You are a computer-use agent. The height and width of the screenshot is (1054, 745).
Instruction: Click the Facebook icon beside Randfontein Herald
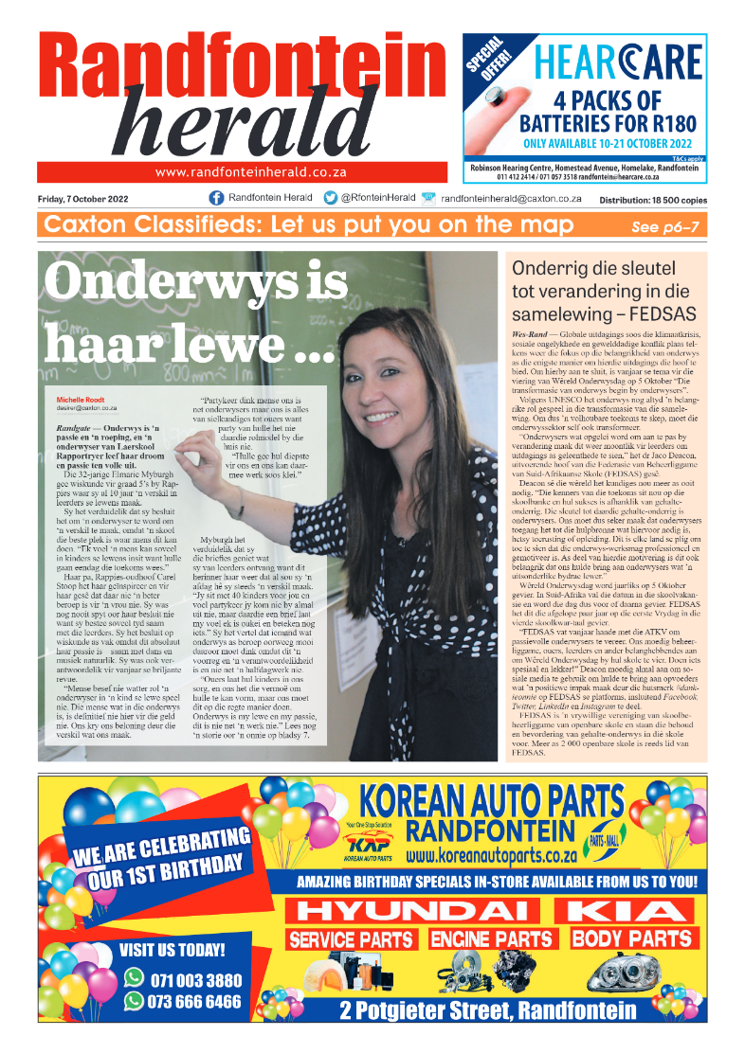click(x=216, y=198)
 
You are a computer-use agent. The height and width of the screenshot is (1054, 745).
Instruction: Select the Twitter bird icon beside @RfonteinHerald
click(x=330, y=198)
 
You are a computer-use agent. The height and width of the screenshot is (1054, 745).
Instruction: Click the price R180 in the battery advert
click(x=675, y=123)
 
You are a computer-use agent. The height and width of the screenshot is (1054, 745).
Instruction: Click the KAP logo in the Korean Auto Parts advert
click(x=368, y=842)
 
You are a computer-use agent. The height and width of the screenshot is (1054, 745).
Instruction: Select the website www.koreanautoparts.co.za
click(x=491, y=855)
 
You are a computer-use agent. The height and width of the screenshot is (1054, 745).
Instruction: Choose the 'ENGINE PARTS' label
click(x=491, y=939)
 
